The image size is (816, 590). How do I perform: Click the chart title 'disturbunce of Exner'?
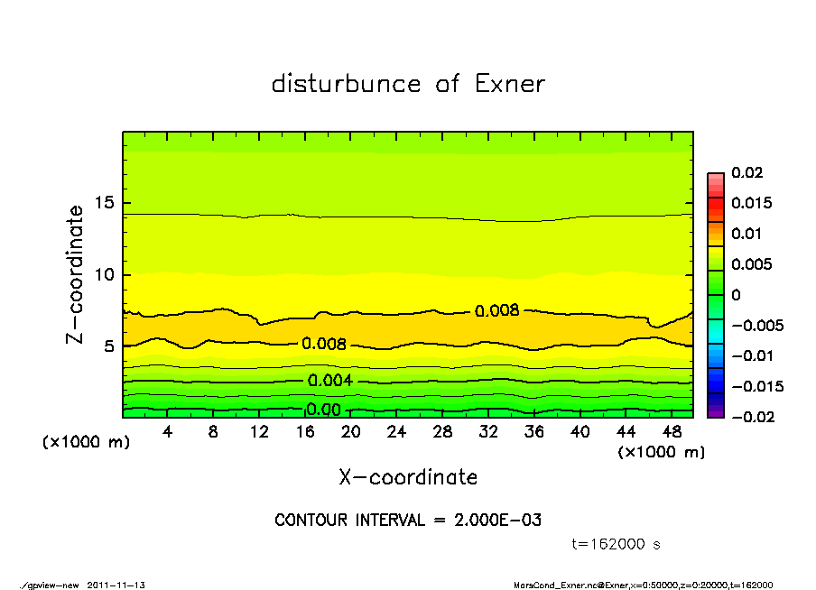[x=408, y=84]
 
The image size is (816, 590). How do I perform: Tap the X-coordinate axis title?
[x=408, y=477]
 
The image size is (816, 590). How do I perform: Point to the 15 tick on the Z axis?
[x=106, y=203]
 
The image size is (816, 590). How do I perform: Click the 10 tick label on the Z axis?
[x=106, y=274]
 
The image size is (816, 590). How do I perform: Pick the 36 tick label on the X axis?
[x=534, y=432]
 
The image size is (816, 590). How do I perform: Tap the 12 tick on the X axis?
[x=259, y=432]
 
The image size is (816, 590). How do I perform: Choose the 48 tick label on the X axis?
[x=672, y=432]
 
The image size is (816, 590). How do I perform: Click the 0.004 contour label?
[x=330, y=381]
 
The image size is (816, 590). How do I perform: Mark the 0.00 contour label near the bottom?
[x=323, y=410]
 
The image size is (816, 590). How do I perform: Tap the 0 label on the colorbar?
[x=735, y=295]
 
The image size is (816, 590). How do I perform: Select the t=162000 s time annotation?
[x=617, y=545]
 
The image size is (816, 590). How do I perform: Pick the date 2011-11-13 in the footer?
[x=116, y=585]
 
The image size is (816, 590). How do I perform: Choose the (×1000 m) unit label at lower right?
[x=660, y=452]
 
